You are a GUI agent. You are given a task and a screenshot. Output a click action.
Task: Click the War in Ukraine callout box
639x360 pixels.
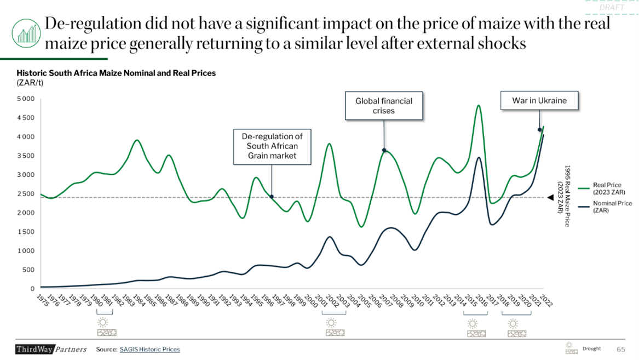coord(539,101)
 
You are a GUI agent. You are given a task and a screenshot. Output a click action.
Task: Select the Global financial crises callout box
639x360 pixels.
coord(384,106)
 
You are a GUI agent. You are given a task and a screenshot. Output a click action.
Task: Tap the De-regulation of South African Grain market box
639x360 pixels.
coord(272,146)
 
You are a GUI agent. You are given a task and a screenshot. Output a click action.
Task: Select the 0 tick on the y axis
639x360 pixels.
coord(32,289)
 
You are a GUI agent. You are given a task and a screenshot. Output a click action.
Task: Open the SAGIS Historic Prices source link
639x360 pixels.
coord(149,349)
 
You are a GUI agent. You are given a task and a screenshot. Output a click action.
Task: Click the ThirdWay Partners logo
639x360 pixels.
coord(51,349)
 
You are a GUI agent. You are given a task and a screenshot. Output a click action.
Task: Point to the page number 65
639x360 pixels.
coord(621,349)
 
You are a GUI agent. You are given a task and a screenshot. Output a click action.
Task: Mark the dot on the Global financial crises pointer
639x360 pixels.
coord(384,150)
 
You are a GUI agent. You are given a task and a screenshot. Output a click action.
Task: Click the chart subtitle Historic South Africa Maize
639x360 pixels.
coord(116,73)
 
